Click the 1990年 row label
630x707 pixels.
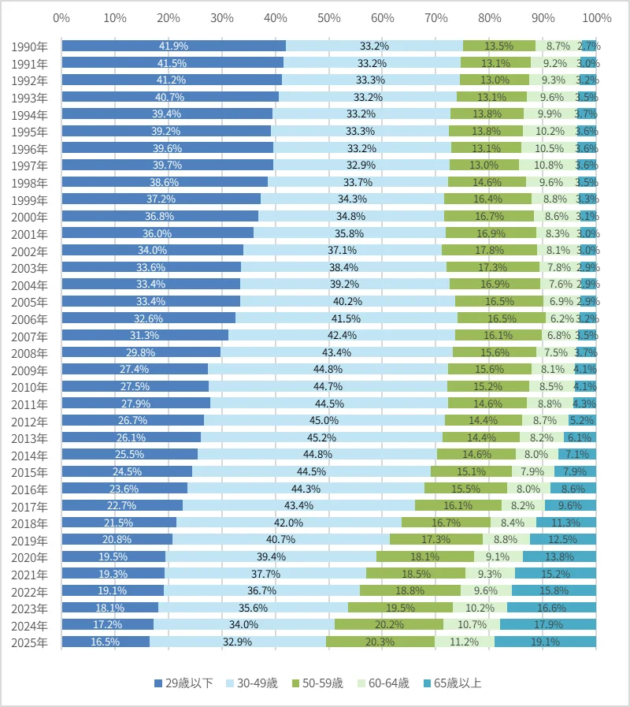click(x=29, y=47)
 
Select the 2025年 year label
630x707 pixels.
click(x=29, y=642)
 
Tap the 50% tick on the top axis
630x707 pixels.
click(x=329, y=18)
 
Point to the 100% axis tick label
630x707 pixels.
click(x=597, y=18)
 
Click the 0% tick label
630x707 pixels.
click(x=61, y=18)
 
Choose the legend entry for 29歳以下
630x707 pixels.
click(x=183, y=683)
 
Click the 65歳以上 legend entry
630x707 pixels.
click(x=453, y=683)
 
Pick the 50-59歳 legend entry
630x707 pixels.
click(x=317, y=683)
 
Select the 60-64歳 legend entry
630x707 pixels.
click(x=384, y=683)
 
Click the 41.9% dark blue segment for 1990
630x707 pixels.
click(x=174, y=46)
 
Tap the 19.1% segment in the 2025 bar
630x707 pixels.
click(x=545, y=642)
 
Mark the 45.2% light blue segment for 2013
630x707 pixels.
click(x=322, y=437)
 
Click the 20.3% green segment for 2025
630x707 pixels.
click(x=380, y=642)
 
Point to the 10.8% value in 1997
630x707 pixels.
click(x=548, y=165)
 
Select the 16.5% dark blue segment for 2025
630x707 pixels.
click(x=106, y=642)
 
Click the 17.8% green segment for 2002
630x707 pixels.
click(x=489, y=250)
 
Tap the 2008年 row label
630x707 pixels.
click(x=29, y=353)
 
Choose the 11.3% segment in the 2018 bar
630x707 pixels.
click(x=566, y=523)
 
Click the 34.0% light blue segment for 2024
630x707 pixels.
click(x=244, y=624)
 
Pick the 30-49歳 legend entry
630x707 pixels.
click(x=252, y=683)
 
